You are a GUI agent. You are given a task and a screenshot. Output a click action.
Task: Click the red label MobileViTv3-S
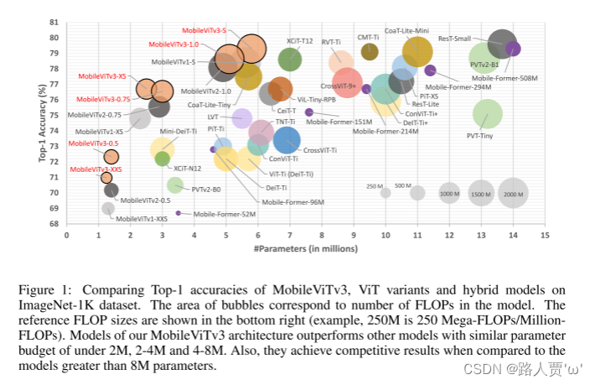click(205, 30)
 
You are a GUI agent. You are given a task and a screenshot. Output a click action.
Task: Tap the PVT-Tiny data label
click(480, 136)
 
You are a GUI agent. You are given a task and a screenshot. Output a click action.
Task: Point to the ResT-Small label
click(455, 39)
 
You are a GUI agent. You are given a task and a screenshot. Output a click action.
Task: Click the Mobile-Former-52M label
click(225, 214)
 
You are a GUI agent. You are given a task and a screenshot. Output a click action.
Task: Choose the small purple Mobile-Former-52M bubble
click(178, 213)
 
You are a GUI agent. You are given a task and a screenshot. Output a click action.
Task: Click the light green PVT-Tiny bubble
click(487, 113)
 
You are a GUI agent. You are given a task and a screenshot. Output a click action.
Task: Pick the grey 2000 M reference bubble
click(513, 193)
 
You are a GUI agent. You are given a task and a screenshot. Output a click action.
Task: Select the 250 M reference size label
click(375, 185)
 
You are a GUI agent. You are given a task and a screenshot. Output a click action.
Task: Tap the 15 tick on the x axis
click(545, 235)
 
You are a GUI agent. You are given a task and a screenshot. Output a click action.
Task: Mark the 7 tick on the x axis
click(290, 235)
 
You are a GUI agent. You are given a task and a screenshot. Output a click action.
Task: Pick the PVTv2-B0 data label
click(206, 190)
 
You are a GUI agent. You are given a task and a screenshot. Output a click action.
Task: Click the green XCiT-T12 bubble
click(290, 59)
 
